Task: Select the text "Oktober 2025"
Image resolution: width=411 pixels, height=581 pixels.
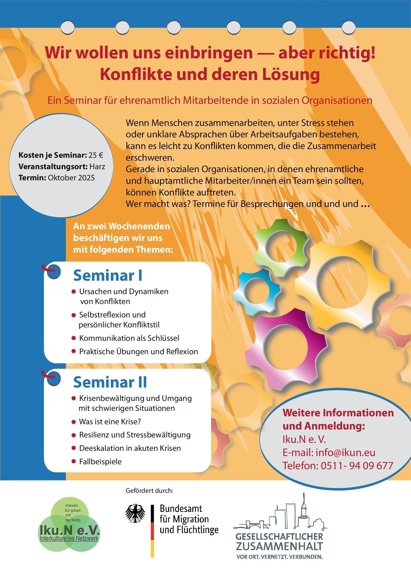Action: (x=71, y=178)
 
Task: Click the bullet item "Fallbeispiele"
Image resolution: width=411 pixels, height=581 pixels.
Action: (x=100, y=462)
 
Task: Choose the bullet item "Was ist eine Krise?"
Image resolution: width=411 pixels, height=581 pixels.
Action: (x=110, y=422)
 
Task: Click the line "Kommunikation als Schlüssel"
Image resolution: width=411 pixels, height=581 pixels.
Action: (x=129, y=338)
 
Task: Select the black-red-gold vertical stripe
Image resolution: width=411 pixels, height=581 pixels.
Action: (x=152, y=531)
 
